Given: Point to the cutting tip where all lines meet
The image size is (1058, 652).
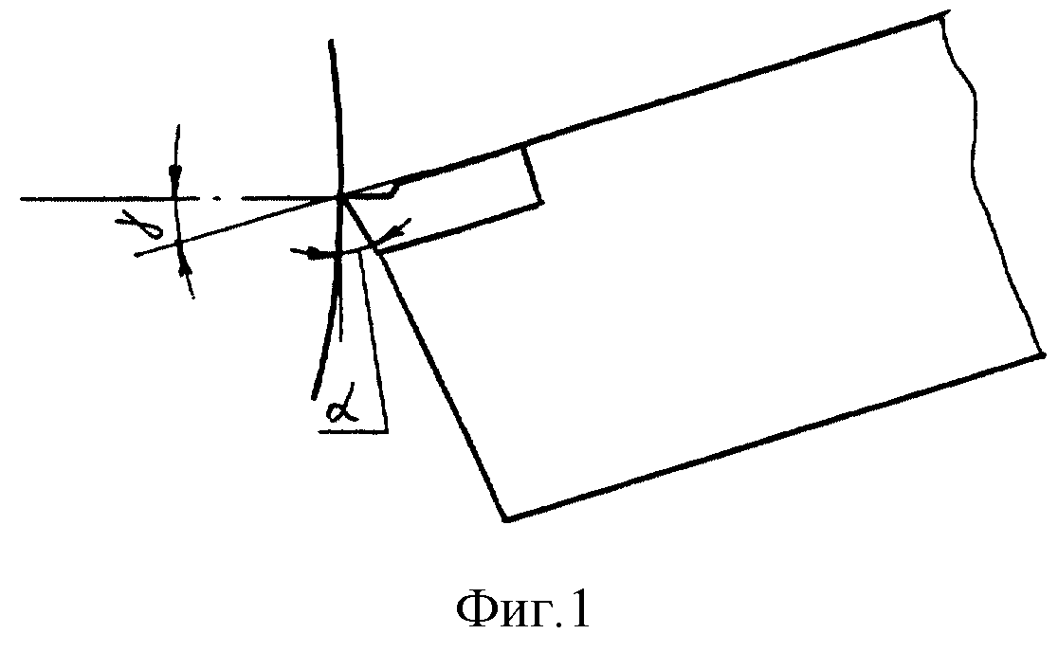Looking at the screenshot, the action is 340,197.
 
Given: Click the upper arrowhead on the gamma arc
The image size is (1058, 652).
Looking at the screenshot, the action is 176,174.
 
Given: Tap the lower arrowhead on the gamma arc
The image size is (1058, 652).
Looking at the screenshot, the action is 183,267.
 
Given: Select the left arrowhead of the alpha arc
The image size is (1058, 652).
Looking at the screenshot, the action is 311,254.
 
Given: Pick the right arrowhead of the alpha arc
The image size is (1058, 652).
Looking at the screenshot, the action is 394,230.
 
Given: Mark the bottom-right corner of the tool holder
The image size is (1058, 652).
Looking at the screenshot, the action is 1041,354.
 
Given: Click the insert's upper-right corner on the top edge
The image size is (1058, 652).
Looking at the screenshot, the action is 523,144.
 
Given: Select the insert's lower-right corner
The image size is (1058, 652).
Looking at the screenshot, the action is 540,201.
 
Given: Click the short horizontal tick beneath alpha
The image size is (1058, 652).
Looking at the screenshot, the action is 353,431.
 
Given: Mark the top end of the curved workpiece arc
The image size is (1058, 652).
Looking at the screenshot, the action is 330,42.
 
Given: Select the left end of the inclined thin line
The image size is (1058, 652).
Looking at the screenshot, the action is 137,255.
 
